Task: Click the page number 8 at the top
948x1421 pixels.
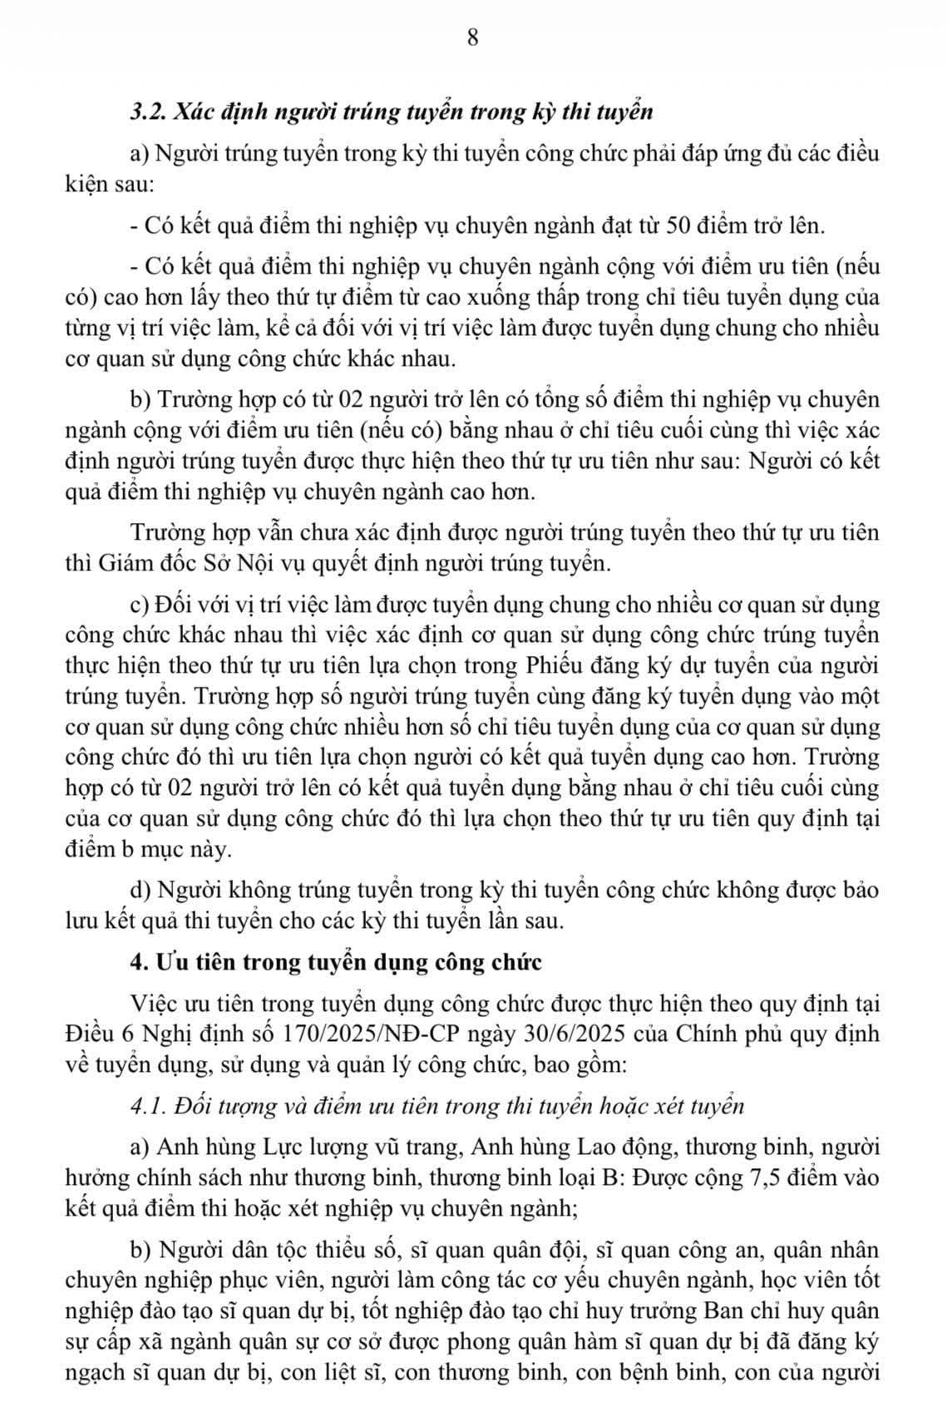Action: [473, 38]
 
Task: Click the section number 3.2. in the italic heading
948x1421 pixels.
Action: [151, 112]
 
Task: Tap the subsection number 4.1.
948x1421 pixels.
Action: [150, 1106]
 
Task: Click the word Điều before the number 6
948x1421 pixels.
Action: [89, 1034]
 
